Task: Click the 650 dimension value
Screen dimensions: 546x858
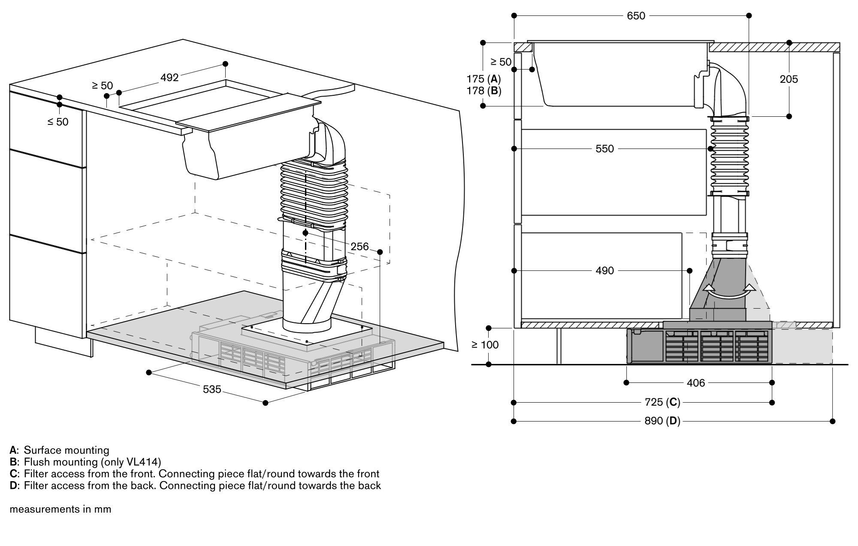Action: click(x=636, y=16)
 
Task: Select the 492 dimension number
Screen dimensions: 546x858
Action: click(x=169, y=78)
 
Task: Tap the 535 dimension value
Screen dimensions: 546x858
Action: click(x=212, y=389)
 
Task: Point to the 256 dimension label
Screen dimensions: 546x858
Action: click(x=360, y=246)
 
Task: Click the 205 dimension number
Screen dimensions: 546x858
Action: click(x=789, y=79)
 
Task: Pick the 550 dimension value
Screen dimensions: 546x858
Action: click(x=604, y=149)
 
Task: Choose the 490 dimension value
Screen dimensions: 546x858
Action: click(x=604, y=271)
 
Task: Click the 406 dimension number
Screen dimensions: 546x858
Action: click(x=695, y=383)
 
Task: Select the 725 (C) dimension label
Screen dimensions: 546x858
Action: click(x=662, y=403)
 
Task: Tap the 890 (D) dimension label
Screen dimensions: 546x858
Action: click(x=662, y=422)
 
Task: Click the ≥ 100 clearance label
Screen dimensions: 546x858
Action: click(x=485, y=345)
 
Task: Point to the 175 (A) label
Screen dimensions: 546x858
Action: click(x=483, y=79)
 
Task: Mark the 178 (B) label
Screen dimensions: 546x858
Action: click(x=483, y=91)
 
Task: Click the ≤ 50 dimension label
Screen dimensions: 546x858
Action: click(x=58, y=122)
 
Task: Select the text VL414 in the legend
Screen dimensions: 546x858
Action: click(x=143, y=462)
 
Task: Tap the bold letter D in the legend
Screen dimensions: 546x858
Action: click(x=13, y=485)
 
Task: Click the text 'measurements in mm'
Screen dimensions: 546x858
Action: click(x=60, y=510)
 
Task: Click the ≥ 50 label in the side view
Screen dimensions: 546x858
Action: click(x=501, y=62)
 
